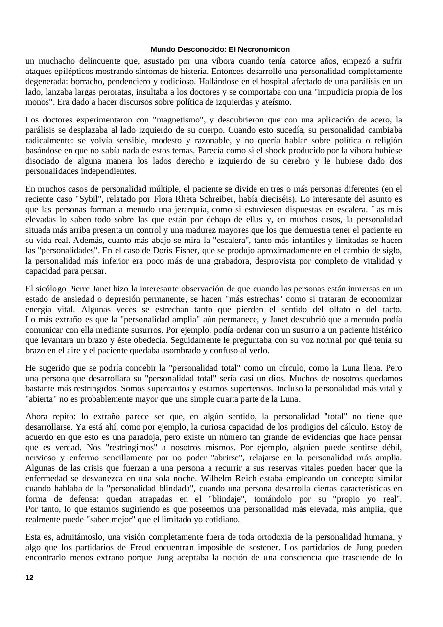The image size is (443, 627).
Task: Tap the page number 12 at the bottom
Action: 29,578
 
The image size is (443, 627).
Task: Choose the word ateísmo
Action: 275,102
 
